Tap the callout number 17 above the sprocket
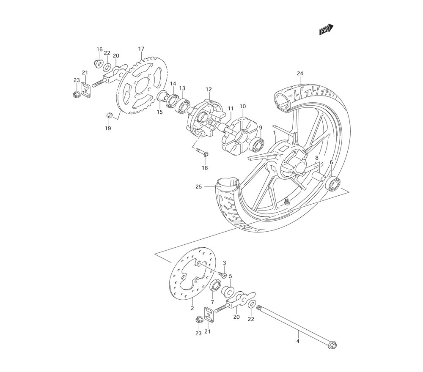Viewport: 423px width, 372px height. tap(141, 49)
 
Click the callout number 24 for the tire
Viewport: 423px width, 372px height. tap(300, 73)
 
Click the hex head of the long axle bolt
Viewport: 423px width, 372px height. tap(333, 345)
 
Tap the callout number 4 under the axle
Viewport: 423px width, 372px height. tap(298, 341)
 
